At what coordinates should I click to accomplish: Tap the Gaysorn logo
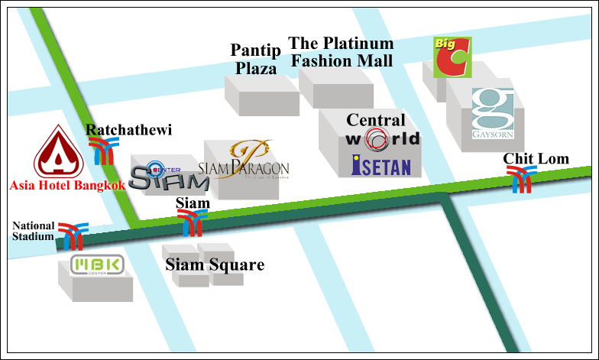pos(493,114)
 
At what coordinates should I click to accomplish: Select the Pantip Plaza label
pos(255,59)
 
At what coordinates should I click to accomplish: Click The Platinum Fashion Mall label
pos(341,52)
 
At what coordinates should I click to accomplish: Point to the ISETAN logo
pos(381,165)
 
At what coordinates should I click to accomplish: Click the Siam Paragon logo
pos(243,164)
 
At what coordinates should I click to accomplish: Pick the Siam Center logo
pos(159,177)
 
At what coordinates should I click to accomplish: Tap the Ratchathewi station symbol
pos(102,152)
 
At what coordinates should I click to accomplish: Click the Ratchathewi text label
pos(128,130)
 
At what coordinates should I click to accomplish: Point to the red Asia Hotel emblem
pos(57,151)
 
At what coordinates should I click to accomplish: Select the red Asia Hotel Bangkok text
pos(66,184)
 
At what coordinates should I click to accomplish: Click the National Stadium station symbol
pos(73,237)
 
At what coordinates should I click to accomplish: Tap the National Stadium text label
pos(34,231)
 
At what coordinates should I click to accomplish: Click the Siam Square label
pos(215,265)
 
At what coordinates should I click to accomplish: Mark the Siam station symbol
pos(193,222)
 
